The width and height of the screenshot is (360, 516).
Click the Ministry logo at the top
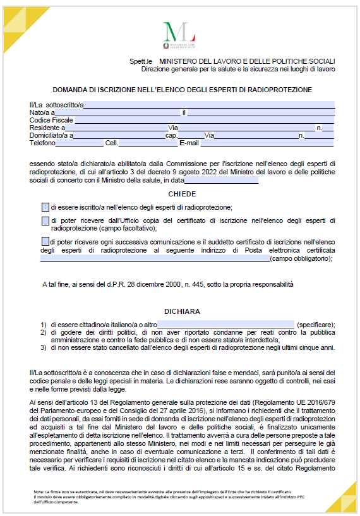click(x=179, y=34)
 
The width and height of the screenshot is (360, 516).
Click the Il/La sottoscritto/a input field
click(x=209, y=104)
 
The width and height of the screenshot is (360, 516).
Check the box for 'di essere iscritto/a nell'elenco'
click(x=45, y=207)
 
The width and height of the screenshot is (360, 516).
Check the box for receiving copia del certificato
click(x=45, y=220)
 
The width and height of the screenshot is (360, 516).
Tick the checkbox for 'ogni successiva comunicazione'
click(x=45, y=241)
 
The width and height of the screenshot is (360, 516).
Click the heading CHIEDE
click(x=182, y=194)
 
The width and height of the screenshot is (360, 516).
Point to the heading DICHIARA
click(x=182, y=311)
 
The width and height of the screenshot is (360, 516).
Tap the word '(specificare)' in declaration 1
click(x=315, y=324)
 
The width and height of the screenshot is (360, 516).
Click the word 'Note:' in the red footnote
click(x=41, y=491)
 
